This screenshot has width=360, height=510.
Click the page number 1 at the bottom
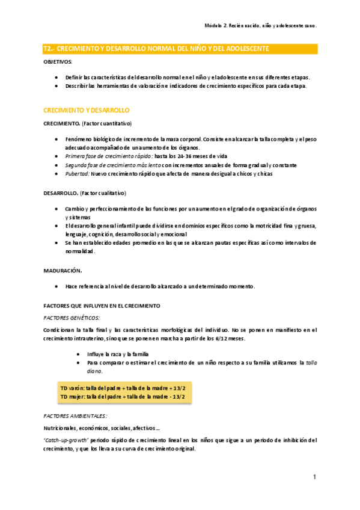(314, 477)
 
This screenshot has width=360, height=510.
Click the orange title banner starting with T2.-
(156, 48)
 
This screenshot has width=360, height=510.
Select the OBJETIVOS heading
(58, 62)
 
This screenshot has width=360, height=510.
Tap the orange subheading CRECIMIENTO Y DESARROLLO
(86, 111)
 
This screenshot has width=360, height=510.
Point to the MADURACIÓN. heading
(63, 270)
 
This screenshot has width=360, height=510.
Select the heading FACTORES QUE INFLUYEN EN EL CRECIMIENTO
(102, 306)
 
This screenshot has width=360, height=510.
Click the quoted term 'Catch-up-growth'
(66, 440)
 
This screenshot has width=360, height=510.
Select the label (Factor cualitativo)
(103, 194)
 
